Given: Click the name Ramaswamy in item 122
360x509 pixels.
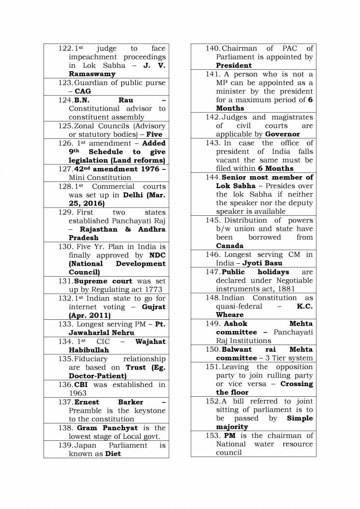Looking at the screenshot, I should click(x=92, y=74).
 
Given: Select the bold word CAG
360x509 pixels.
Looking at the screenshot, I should click(x=83, y=91).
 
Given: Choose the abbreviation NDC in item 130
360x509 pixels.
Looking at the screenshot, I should click(x=157, y=255).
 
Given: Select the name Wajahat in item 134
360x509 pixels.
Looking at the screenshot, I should click(x=150, y=341).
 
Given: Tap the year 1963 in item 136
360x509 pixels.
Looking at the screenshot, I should click(x=77, y=393).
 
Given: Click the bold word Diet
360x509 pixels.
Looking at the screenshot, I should click(x=113, y=453).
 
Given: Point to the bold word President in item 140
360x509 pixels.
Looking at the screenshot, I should click(x=234, y=65).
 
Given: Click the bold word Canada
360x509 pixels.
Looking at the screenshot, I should click(x=230, y=246).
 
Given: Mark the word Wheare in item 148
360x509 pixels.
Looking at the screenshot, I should click(x=230, y=314).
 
